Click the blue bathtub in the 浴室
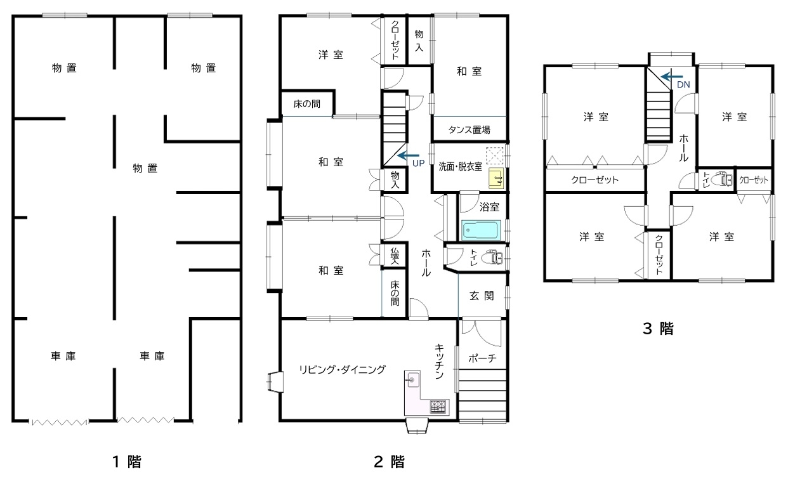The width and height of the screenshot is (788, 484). pyautogui.click(x=481, y=230)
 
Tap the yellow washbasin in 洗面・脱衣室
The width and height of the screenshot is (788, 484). pyautogui.click(x=496, y=178)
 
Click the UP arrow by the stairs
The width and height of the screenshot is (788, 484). pyautogui.click(x=408, y=155)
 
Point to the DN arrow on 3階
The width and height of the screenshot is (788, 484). pyautogui.click(x=671, y=76)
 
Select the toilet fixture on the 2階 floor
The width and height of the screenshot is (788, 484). pyautogui.click(x=493, y=258)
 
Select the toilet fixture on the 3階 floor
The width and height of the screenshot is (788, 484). pyautogui.click(x=722, y=180)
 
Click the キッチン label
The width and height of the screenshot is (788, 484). pyautogui.click(x=439, y=361)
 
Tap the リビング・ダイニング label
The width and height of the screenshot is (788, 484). pyautogui.click(x=342, y=369)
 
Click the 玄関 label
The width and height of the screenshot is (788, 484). pyautogui.click(x=482, y=296)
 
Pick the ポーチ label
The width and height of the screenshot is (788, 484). pyautogui.click(x=482, y=358)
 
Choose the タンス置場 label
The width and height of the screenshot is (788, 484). pyautogui.click(x=470, y=130)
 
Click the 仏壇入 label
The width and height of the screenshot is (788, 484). pyautogui.click(x=395, y=256)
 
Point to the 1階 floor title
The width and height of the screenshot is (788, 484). pyautogui.click(x=127, y=462)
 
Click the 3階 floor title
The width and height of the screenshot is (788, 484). pyautogui.click(x=658, y=329)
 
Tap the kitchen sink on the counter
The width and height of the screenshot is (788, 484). pyautogui.click(x=412, y=379)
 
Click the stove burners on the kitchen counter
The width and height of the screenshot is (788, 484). pyautogui.click(x=438, y=407)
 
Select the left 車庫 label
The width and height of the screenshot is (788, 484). pyautogui.click(x=63, y=356)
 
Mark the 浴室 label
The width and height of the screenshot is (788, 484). pyautogui.click(x=489, y=207)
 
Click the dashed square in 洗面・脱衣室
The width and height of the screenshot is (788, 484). pyautogui.click(x=495, y=156)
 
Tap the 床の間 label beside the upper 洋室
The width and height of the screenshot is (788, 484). pyautogui.click(x=306, y=104)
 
